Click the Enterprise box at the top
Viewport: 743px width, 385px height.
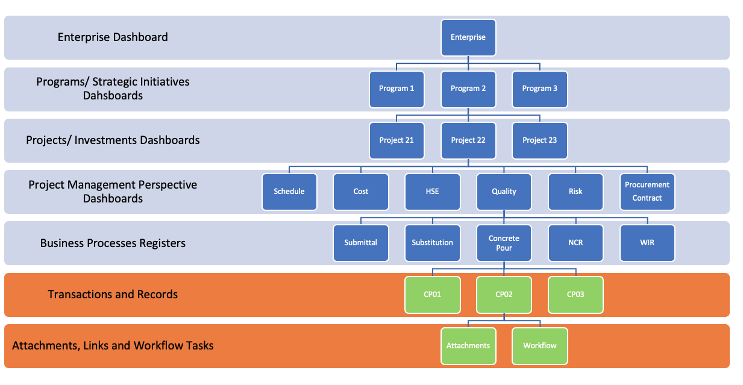[x=468, y=37]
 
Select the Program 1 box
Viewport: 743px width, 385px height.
[x=397, y=89]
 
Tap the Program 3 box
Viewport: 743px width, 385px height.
[x=540, y=89]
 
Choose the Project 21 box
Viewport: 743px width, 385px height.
[x=397, y=140]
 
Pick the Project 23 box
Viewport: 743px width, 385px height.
[x=540, y=140]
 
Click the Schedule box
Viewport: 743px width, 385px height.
[x=289, y=192]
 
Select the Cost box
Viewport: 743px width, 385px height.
[x=361, y=192]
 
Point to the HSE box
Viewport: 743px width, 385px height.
[x=432, y=192]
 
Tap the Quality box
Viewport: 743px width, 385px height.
[x=504, y=192]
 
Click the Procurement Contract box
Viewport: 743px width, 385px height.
[x=647, y=192]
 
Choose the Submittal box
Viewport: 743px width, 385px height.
[x=361, y=243]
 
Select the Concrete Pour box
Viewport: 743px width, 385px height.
[x=504, y=243]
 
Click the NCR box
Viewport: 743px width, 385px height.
[x=575, y=243]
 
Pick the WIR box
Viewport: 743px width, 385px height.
[x=647, y=243]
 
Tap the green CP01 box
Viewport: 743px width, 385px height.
[x=432, y=295]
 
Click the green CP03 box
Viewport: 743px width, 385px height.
[x=575, y=295]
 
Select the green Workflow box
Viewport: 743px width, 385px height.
[x=540, y=346]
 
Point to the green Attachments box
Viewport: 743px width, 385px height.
[x=468, y=346]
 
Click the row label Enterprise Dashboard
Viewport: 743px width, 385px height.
[x=113, y=37]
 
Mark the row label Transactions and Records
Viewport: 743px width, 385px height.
[x=113, y=295]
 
